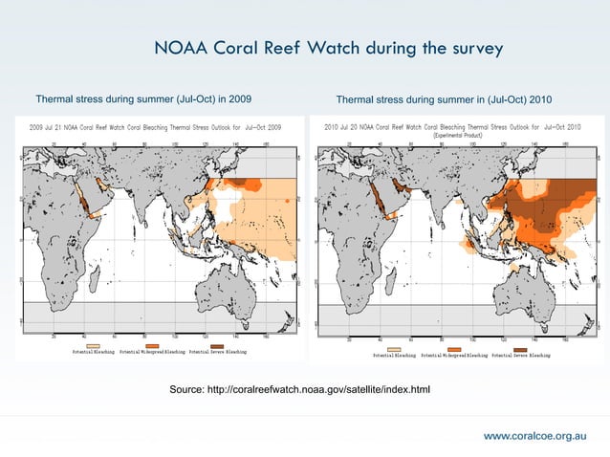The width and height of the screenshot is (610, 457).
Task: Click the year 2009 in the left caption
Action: click(240, 98)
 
